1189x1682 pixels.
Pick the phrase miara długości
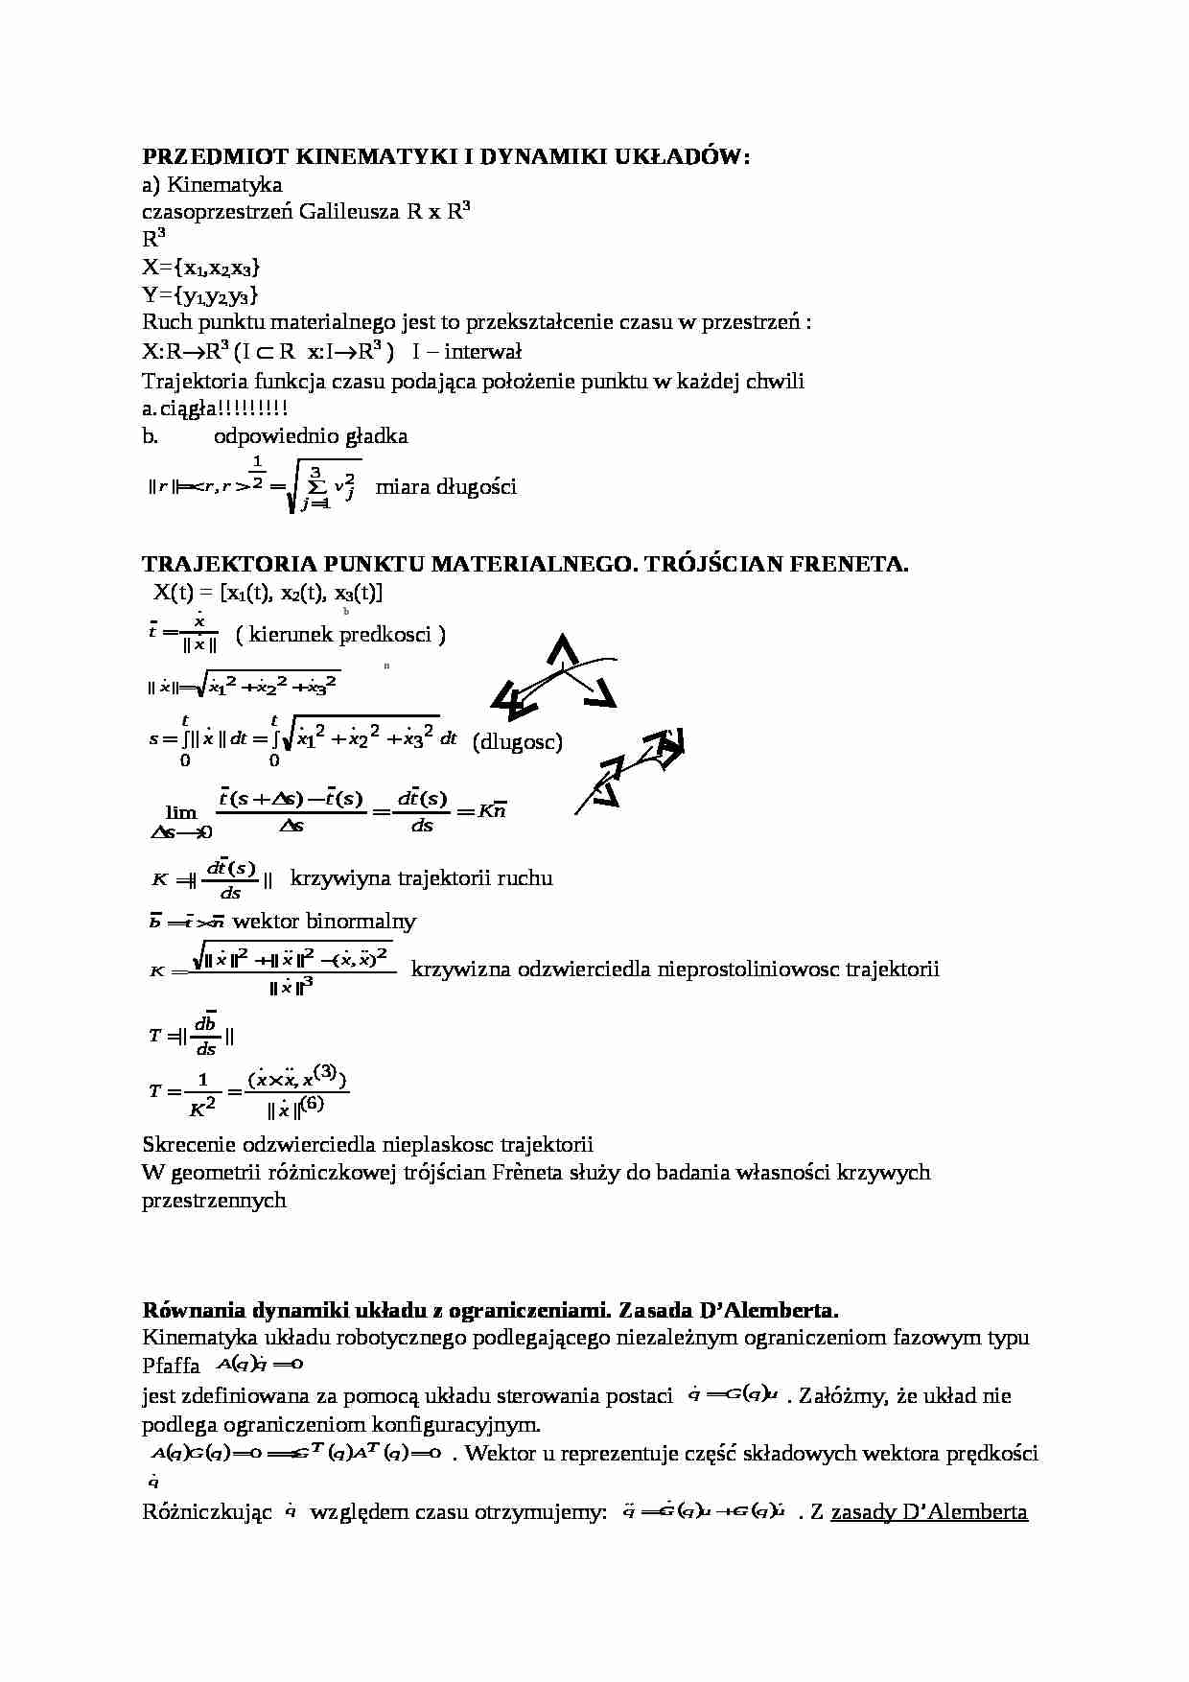pyautogui.click(x=446, y=487)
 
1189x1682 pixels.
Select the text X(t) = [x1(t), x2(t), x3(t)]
pyautogui.click(x=268, y=593)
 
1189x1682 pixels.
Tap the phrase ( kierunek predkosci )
pyautogui.click(x=340, y=635)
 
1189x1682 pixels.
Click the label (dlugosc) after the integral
pyautogui.click(x=518, y=741)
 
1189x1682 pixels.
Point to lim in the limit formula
pyautogui.click(x=180, y=812)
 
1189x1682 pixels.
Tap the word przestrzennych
pyautogui.click(x=214, y=1200)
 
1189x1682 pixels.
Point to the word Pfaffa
pyautogui.click(x=171, y=1366)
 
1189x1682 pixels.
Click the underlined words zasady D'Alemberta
pyautogui.click(x=929, y=1512)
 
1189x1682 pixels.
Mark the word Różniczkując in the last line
pyautogui.click(x=207, y=1512)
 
